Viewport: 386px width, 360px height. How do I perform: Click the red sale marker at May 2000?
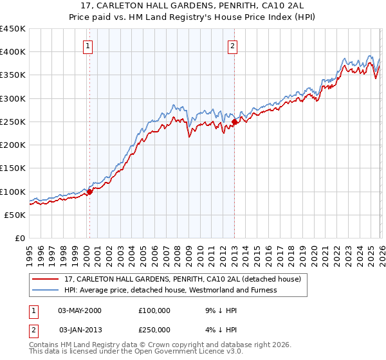coord(89,191)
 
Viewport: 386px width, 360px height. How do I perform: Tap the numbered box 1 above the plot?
coord(87,45)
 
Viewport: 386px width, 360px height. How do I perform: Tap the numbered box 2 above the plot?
coord(232,45)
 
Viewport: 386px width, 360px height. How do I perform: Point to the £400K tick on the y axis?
coord(13,52)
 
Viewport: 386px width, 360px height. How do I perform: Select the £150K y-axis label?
coord(13,168)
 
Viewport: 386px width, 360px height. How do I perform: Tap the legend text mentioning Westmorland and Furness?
coord(170,290)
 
